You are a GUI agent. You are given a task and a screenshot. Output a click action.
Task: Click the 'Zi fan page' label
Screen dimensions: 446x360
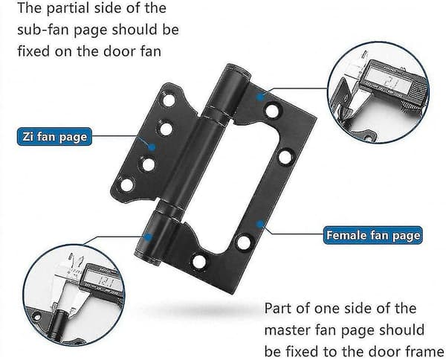[x=54, y=137]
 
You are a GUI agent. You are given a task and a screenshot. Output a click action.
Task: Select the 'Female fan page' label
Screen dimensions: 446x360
[x=372, y=235]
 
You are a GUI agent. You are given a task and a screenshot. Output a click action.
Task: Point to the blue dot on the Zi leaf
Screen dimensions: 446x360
[x=152, y=147]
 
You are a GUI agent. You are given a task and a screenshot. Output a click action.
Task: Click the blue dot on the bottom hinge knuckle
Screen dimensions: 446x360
[x=148, y=237]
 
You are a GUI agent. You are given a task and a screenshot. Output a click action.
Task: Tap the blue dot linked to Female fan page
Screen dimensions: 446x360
[x=259, y=224]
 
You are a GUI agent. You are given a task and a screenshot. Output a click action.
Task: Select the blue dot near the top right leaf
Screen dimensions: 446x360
[x=259, y=97]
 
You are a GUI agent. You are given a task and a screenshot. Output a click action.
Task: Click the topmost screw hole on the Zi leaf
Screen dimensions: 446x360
[x=169, y=100]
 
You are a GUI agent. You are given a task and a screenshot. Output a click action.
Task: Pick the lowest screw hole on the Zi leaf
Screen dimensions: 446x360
[x=127, y=184]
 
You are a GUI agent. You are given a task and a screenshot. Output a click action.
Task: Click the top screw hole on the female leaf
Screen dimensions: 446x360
[x=273, y=111]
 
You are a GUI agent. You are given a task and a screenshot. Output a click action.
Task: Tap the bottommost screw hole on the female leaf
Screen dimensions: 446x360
[x=199, y=262]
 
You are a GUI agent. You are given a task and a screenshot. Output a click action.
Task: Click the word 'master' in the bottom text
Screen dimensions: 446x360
[x=287, y=330]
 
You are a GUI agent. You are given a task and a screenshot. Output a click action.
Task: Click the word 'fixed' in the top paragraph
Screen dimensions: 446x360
[x=33, y=51]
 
